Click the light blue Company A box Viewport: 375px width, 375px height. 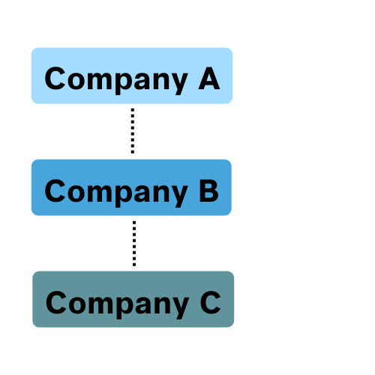pos(132,76)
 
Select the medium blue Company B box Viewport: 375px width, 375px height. pos(131,187)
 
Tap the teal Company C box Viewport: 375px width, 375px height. pos(133,299)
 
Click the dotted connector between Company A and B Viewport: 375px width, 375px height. pos(133,130)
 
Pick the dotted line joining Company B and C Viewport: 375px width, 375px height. pos(134,244)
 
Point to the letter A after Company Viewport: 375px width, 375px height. pos(209,78)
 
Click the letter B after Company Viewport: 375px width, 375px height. pos(208,190)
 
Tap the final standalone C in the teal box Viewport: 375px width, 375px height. pos(211,302)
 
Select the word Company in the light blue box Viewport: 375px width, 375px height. pos(116,80)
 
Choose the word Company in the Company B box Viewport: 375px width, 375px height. pos(116,193)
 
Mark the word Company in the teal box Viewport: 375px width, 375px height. pos(118,304)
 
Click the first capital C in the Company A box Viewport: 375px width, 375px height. pos(55,78)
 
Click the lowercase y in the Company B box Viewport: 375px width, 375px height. pos(179,196)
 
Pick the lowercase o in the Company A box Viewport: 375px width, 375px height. pos(76,81)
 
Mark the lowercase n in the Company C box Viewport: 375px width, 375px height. pos(162,305)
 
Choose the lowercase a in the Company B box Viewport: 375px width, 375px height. pos(142,193)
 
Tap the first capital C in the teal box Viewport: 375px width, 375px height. pos(56,302)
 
